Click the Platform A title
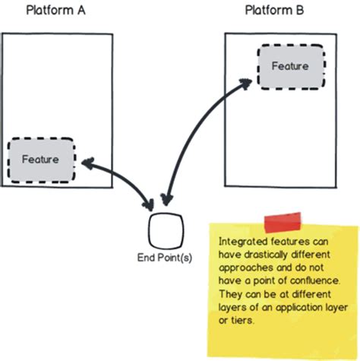(57, 11)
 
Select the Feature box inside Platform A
(42, 160)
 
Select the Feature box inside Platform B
(290, 66)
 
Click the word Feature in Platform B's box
(290, 66)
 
